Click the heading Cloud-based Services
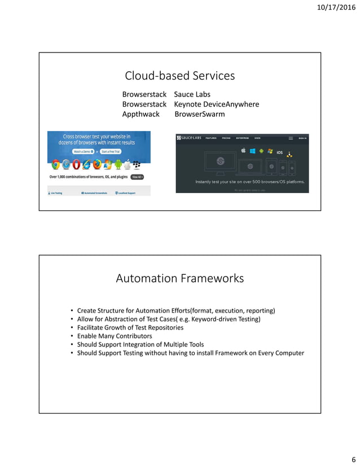click(x=179, y=76)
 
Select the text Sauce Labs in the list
click(x=192, y=94)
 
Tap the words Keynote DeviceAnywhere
click(x=216, y=104)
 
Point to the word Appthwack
click(x=141, y=114)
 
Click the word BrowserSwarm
click(x=199, y=114)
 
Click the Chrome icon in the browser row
click(x=56, y=165)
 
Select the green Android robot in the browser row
click(x=118, y=165)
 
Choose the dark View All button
click(x=137, y=177)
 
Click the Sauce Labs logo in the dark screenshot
click(x=189, y=138)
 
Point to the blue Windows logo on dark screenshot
click(x=253, y=151)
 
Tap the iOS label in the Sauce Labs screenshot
click(x=279, y=152)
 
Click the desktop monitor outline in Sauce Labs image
click(x=221, y=161)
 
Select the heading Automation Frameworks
click(x=179, y=278)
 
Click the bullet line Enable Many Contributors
click(x=115, y=336)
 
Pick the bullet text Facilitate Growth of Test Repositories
click(x=130, y=327)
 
